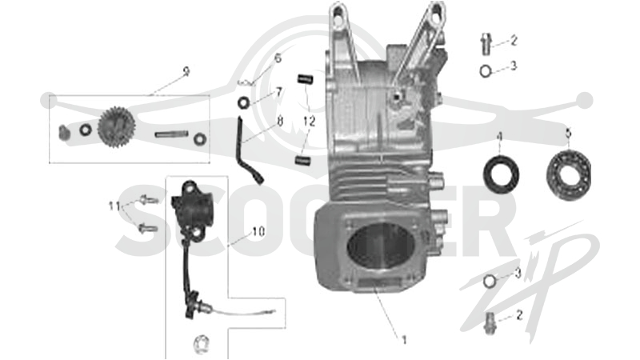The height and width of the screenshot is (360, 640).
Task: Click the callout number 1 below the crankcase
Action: point(404,339)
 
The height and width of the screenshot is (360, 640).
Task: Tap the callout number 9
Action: point(186,72)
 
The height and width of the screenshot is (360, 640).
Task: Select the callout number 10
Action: point(258,232)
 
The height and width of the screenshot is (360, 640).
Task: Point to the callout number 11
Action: point(114,206)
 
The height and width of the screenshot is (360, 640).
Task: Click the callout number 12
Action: point(309,122)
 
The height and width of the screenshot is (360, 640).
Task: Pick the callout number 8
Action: point(280,121)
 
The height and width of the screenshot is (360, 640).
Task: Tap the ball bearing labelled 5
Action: point(569,174)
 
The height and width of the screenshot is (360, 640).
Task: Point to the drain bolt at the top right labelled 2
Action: point(485,44)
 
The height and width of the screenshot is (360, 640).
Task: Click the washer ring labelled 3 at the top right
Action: point(486,71)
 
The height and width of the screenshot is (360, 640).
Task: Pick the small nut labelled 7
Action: point(243,102)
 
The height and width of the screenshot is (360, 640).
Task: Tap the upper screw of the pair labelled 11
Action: point(148,201)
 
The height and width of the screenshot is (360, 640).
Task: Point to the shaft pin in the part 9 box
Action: point(171,134)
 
